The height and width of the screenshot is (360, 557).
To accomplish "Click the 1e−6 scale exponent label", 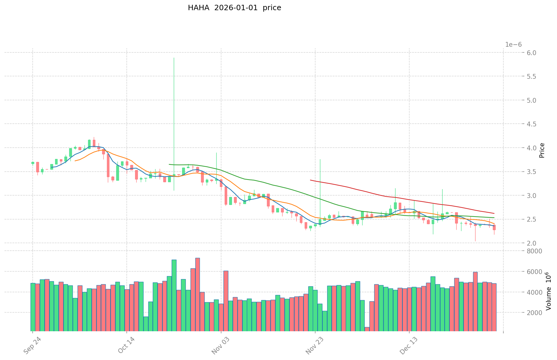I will [x=513, y=45].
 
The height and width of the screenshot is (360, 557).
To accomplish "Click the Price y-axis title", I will [x=541, y=150].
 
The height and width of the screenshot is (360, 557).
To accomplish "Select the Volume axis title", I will [x=548, y=291].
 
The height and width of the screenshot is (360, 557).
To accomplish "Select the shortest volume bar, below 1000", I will [x=367, y=329].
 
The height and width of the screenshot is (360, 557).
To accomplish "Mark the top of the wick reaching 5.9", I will [x=174, y=58].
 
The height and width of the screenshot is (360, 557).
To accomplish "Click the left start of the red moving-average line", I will [x=310, y=180].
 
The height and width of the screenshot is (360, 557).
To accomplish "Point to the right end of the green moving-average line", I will [x=494, y=218].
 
